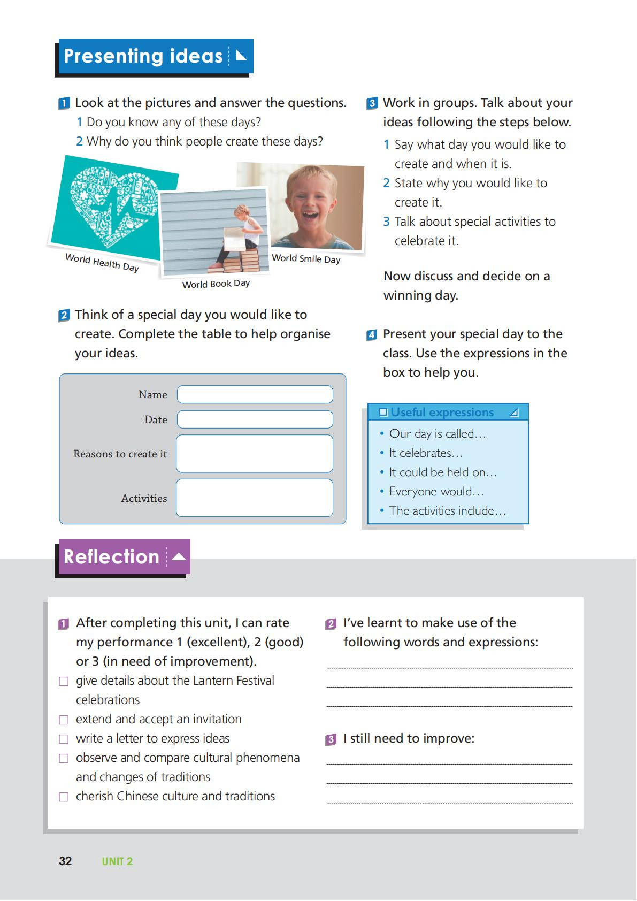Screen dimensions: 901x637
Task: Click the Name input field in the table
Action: (255, 394)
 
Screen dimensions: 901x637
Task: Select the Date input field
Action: (255, 419)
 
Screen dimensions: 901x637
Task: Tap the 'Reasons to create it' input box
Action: (255, 454)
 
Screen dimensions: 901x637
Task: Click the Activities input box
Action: (255, 498)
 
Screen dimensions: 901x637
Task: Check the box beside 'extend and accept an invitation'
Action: (64, 720)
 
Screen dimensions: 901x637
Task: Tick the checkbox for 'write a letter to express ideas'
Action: (64, 739)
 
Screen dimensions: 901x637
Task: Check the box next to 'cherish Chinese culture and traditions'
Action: (64, 797)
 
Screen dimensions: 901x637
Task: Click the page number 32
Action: (65, 861)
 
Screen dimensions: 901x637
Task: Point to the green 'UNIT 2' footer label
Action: (117, 861)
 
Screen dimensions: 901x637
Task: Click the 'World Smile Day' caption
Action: (306, 259)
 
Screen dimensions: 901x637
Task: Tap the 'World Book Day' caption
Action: (216, 284)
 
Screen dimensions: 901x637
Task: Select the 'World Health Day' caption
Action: (102, 263)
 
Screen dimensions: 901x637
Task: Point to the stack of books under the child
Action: (247, 259)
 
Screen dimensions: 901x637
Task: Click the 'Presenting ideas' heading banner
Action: (154, 56)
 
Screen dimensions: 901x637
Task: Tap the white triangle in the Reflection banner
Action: (179, 556)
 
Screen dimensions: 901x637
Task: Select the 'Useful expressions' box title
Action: (442, 412)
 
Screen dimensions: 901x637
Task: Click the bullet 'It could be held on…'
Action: (443, 472)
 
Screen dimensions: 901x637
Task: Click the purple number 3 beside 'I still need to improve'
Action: (331, 739)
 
